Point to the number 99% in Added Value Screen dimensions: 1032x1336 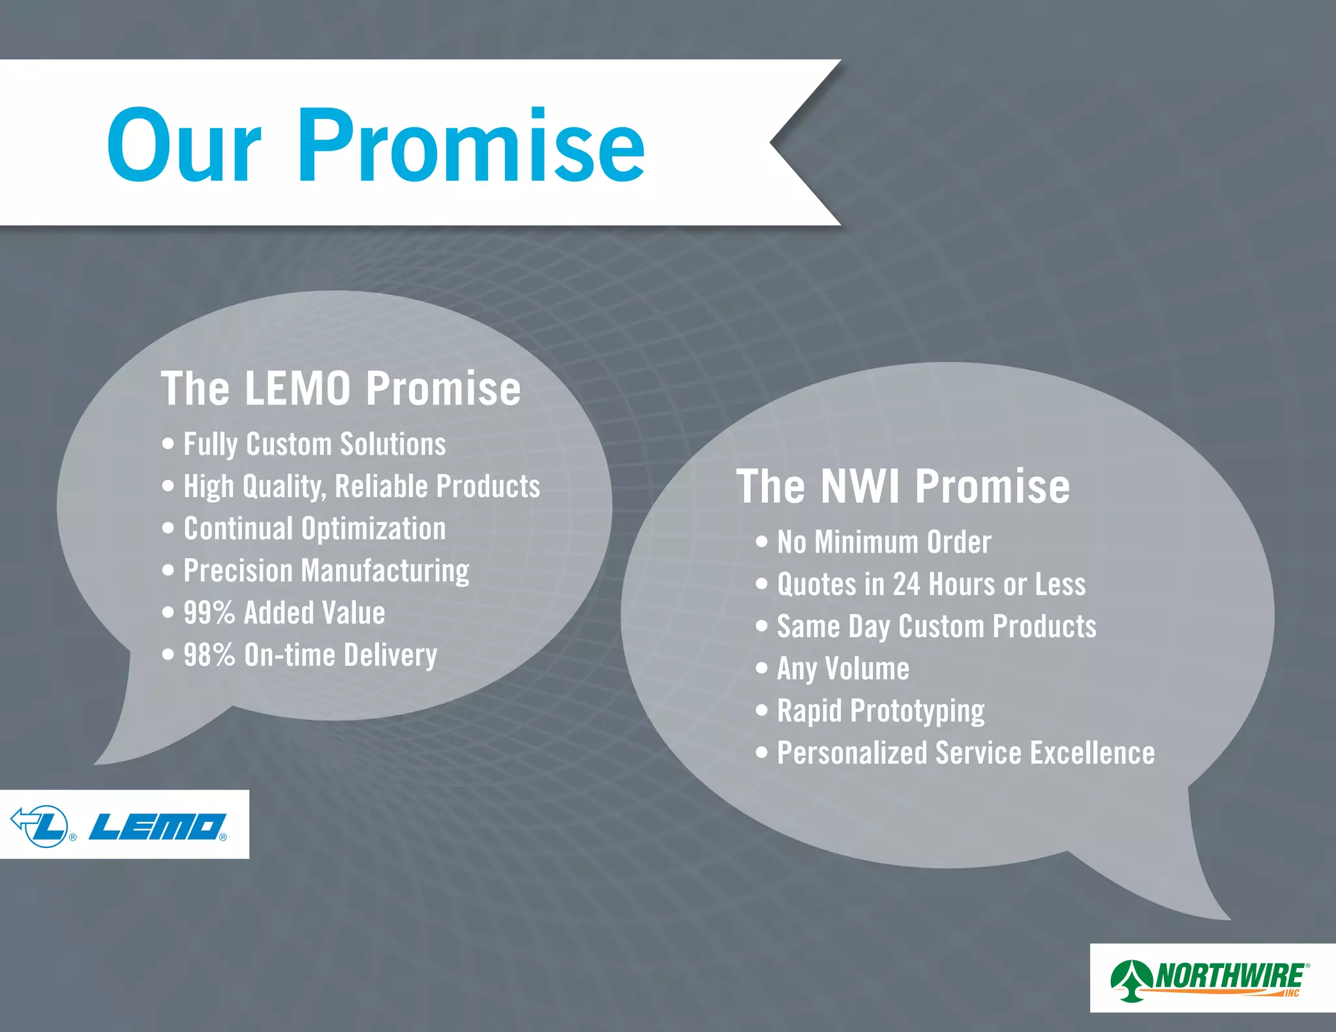tap(209, 613)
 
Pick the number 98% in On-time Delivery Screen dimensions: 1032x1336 tap(209, 655)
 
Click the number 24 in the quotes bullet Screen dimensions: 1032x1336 tap(906, 584)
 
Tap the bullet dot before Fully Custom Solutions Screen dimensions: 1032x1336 tap(168, 444)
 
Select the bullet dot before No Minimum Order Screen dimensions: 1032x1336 tap(762, 542)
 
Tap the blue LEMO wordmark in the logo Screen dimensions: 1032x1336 tap(157, 827)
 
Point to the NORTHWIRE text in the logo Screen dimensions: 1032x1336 tap(1230, 976)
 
